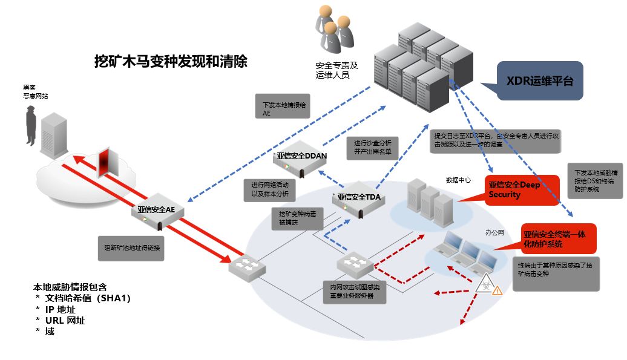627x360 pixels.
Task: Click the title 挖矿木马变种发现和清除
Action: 171,62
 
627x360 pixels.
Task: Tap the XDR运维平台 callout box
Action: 540,81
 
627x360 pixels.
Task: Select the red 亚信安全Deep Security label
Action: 522,190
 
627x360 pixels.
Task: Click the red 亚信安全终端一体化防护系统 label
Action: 559,240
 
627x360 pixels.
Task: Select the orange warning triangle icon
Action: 497,291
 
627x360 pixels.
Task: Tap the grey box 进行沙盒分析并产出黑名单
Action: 372,148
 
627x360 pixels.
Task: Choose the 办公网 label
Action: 493,231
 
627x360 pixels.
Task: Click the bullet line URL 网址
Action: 63,321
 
